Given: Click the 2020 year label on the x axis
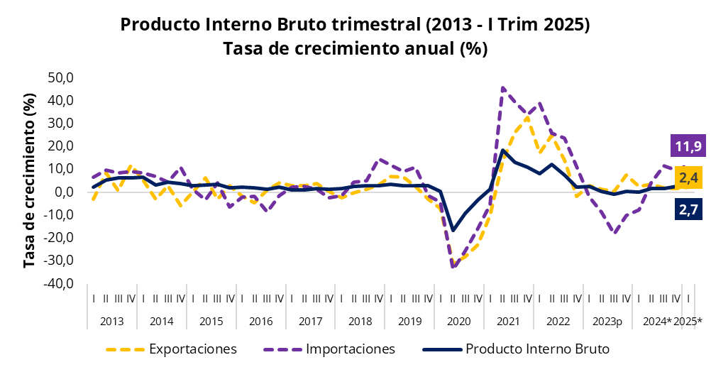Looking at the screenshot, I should [459, 321].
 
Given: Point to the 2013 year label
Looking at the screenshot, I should [111, 321].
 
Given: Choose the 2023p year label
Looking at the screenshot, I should [607, 321].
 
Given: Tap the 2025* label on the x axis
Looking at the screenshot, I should [688, 321].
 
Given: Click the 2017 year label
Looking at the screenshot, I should [310, 321].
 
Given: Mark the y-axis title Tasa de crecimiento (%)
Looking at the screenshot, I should [29, 180].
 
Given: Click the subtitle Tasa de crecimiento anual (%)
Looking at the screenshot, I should [355, 49].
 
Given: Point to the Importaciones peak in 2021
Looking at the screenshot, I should [502, 88].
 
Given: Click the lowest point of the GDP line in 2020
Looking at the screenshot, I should [453, 230].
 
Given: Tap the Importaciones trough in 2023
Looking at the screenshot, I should [614, 233].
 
